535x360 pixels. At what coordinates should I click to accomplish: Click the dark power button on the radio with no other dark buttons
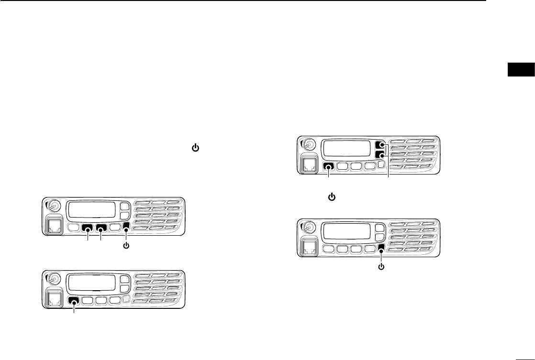point(381,248)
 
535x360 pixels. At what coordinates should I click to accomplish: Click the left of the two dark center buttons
point(88,229)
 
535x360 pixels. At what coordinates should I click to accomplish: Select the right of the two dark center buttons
point(102,229)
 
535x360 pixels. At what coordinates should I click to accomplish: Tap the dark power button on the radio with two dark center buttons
point(126,228)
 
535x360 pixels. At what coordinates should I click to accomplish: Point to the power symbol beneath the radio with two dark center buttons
point(126,247)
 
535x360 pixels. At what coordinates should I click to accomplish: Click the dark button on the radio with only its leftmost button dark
point(74,301)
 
